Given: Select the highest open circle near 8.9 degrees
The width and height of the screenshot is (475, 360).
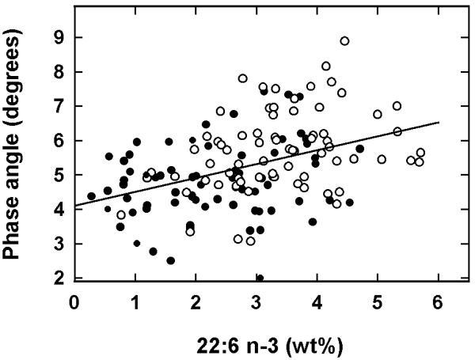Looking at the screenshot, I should (344, 41).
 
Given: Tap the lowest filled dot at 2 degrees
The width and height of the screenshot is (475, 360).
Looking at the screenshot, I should (260, 278).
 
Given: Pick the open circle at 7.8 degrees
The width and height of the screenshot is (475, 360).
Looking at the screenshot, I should (243, 78).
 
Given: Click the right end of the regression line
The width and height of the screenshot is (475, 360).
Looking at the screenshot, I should (438, 123).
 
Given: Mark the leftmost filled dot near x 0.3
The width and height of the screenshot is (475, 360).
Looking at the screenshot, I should (92, 196).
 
